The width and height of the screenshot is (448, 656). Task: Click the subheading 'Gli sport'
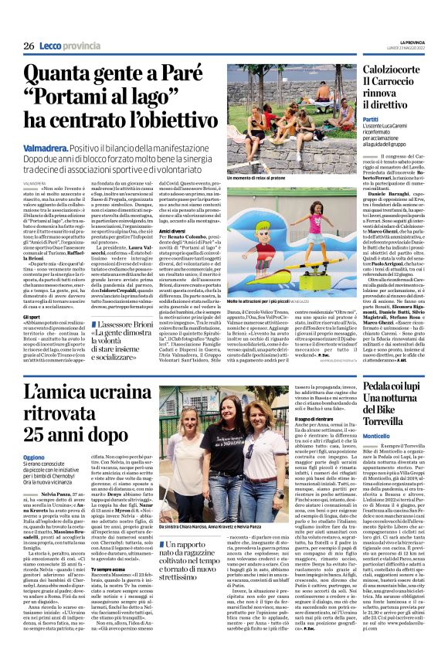(x=32, y=295)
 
